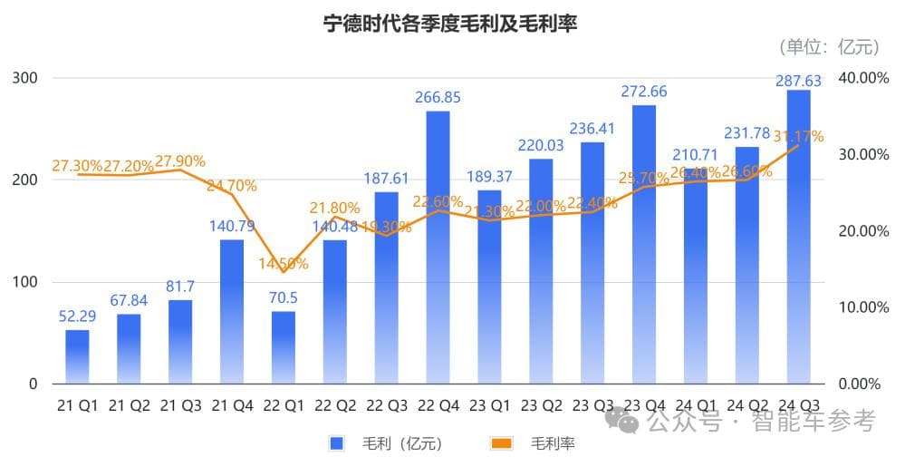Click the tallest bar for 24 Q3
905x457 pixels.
798,236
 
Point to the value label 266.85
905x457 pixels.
438,97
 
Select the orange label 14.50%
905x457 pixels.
284,264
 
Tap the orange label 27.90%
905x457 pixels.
179,161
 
